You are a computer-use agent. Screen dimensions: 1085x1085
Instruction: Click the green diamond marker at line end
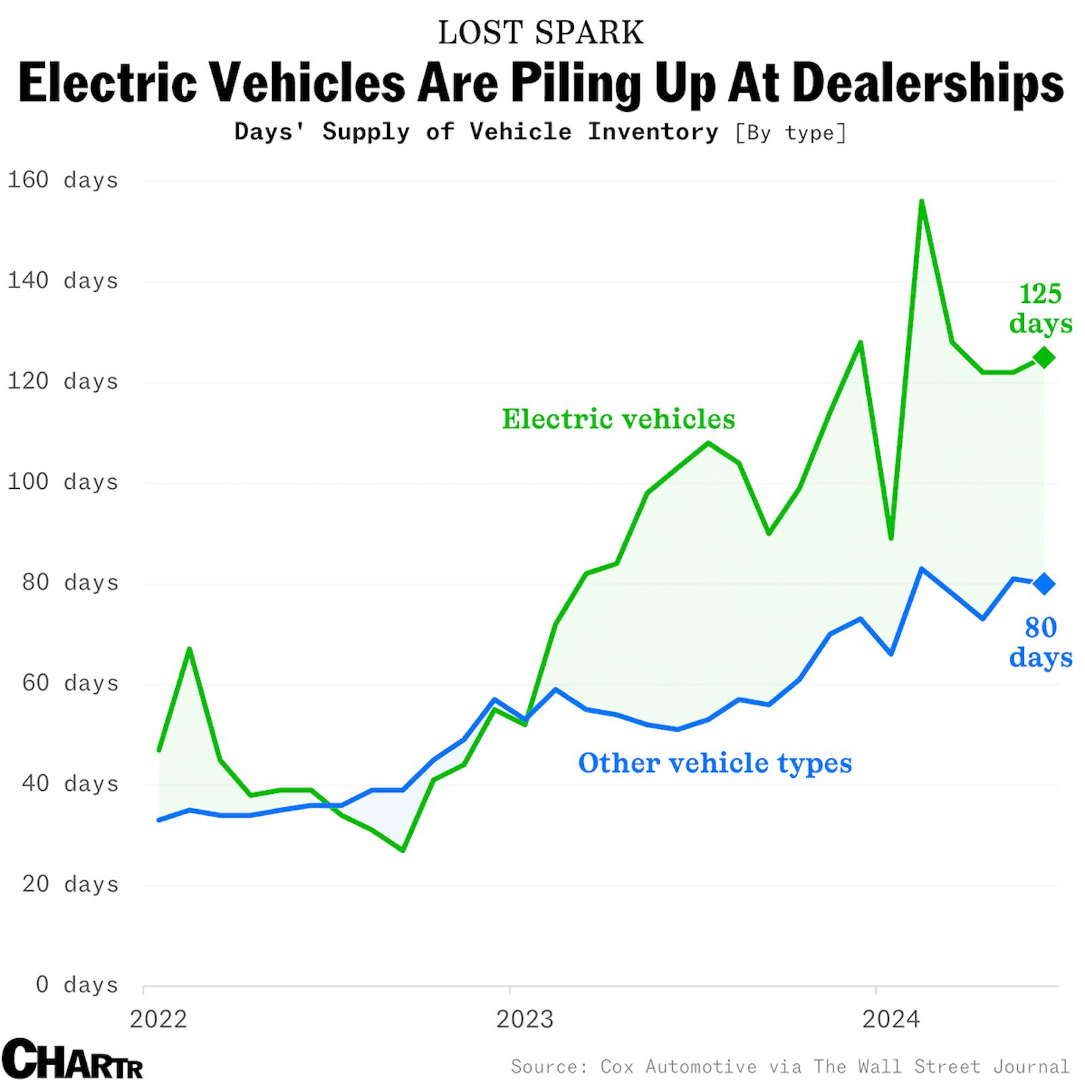[1044, 357]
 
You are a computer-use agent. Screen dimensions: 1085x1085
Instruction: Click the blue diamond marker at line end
[1044, 583]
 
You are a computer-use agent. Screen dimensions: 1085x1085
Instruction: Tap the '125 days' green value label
[1040, 309]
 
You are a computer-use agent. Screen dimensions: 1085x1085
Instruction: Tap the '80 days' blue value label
[1040, 642]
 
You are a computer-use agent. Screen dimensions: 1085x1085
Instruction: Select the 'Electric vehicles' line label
[618, 419]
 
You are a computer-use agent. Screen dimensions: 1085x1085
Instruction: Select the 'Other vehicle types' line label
[715, 763]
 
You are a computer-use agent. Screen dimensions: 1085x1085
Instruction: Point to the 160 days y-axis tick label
[62, 180]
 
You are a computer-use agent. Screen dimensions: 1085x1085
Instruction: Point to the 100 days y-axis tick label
[62, 482]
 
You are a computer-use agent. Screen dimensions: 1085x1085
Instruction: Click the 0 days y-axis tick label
[76, 985]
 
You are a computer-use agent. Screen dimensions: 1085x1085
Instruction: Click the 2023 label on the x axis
[524, 1019]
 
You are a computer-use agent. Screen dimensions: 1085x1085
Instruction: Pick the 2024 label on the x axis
[890, 1019]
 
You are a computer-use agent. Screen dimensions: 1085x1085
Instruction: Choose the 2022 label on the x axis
[158, 1019]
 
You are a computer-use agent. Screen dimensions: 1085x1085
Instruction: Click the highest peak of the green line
[921, 201]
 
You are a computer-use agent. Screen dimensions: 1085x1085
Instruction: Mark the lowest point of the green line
[403, 850]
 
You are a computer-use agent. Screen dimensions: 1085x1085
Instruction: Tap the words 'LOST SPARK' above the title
[540, 33]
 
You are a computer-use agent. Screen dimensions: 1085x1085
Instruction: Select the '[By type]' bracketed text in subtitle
[791, 132]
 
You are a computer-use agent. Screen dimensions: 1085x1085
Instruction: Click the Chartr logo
[72, 1059]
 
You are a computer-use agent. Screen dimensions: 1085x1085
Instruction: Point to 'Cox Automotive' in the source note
[678, 1067]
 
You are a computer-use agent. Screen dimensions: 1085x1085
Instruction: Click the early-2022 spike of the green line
[189, 649]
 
